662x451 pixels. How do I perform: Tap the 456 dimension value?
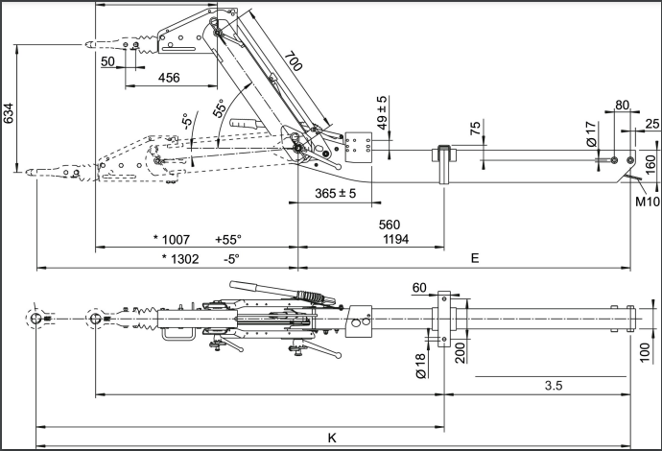click(169, 78)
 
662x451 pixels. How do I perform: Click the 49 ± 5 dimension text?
click(381, 112)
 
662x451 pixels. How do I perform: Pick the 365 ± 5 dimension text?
click(335, 194)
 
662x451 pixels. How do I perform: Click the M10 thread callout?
click(645, 202)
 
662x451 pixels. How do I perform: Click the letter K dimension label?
click(332, 438)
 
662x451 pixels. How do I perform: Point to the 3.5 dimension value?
click(553, 386)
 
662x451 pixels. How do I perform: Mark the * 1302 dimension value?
click(181, 258)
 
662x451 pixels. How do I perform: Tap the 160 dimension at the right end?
click(650, 163)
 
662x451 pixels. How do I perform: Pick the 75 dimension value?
click(474, 131)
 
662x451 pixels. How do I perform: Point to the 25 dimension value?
click(652, 123)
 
